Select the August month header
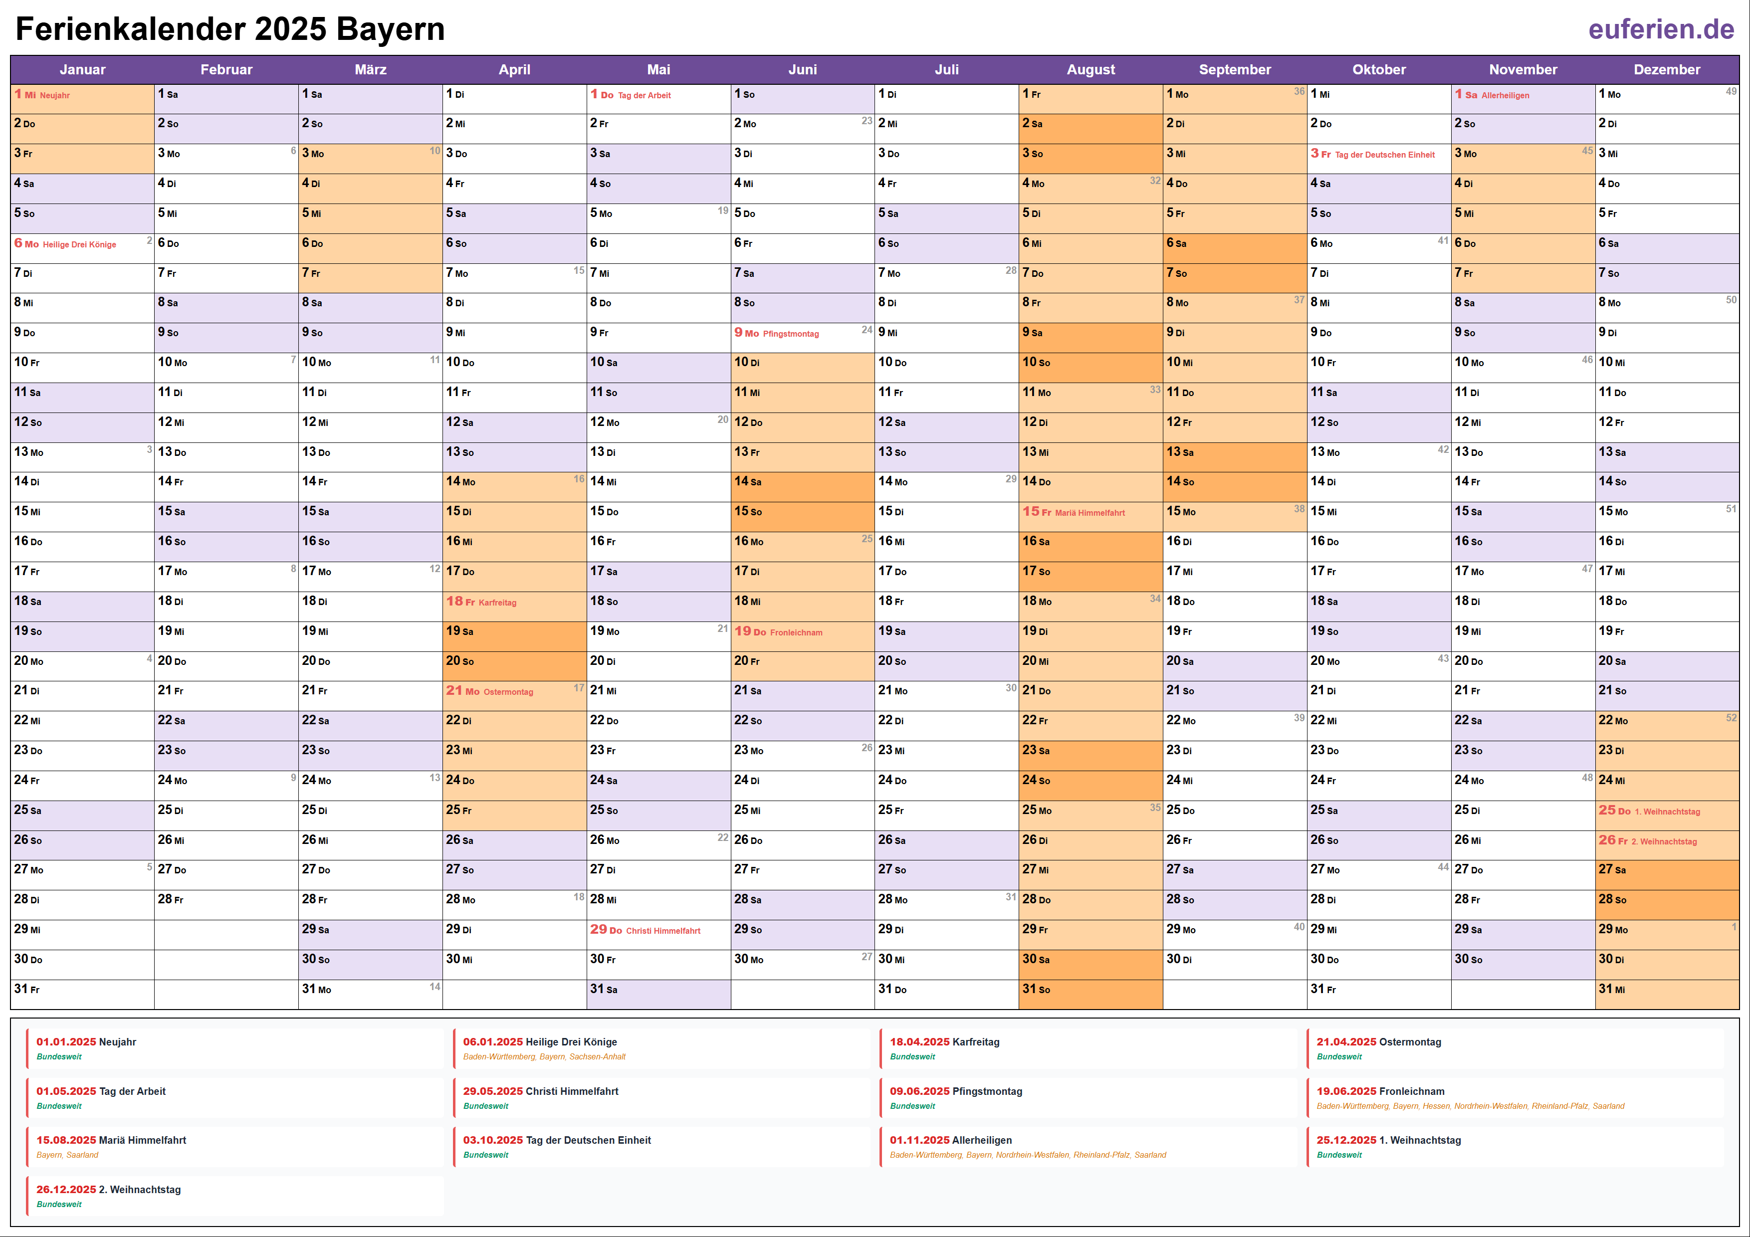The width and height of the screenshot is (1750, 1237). point(1090,69)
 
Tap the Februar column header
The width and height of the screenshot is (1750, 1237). point(226,69)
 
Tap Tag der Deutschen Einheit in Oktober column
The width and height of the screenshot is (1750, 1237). point(1384,155)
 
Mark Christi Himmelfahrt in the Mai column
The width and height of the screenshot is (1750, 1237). point(662,931)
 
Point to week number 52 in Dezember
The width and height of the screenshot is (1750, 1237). point(1731,718)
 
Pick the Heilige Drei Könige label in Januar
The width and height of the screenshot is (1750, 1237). point(79,244)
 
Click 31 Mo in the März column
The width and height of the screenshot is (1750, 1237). point(317,989)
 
